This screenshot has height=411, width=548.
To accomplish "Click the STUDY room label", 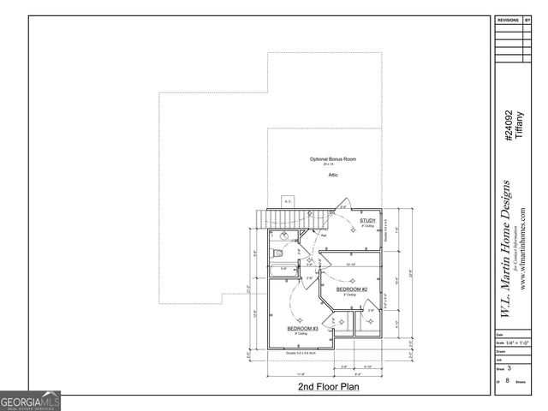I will (x=367, y=221).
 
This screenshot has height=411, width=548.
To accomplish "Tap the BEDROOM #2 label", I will (x=351, y=289).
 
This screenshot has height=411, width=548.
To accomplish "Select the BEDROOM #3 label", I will (x=302, y=328).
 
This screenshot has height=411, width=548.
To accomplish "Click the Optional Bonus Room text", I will (x=333, y=159).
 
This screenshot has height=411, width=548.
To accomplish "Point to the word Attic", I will (x=333, y=175).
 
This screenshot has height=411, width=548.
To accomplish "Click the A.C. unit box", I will (x=288, y=203).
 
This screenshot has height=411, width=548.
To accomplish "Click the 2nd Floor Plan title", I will (x=328, y=387).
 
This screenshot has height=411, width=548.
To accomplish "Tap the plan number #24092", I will (x=509, y=125).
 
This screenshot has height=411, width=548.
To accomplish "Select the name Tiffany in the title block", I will (x=519, y=125).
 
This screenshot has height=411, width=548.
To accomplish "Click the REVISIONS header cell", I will (x=509, y=17).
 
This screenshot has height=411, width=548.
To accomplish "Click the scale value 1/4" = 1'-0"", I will (x=515, y=342).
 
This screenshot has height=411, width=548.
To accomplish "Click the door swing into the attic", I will (x=343, y=206).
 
